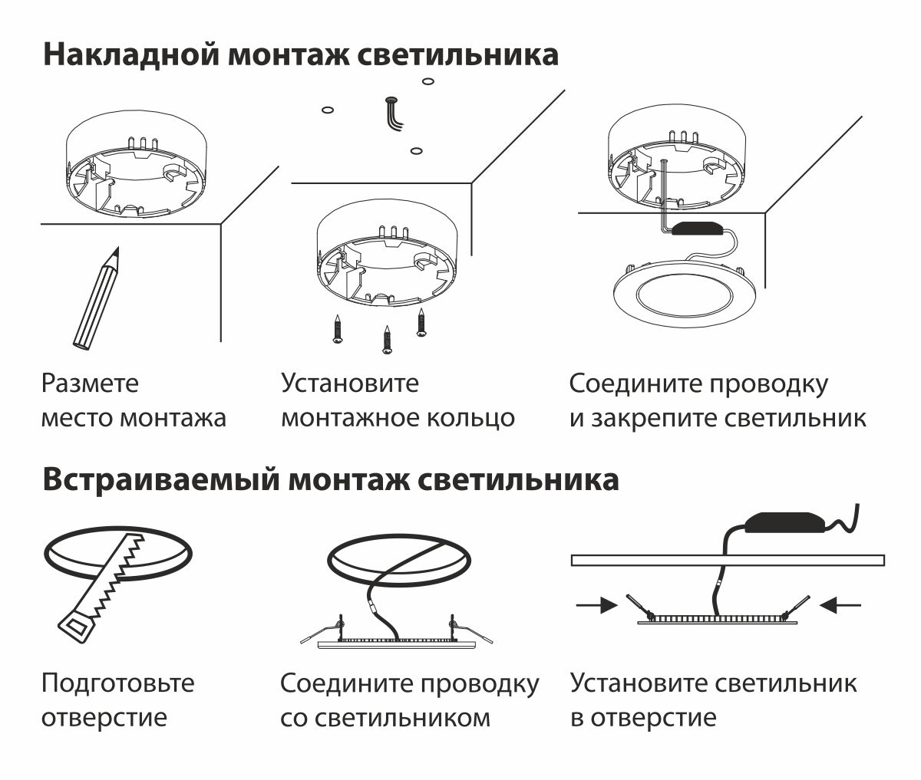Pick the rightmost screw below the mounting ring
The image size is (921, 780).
pyautogui.click(x=421, y=321)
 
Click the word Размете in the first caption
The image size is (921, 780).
pyautogui.click(x=91, y=383)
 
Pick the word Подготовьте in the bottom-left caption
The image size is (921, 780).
pyautogui.click(x=117, y=682)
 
